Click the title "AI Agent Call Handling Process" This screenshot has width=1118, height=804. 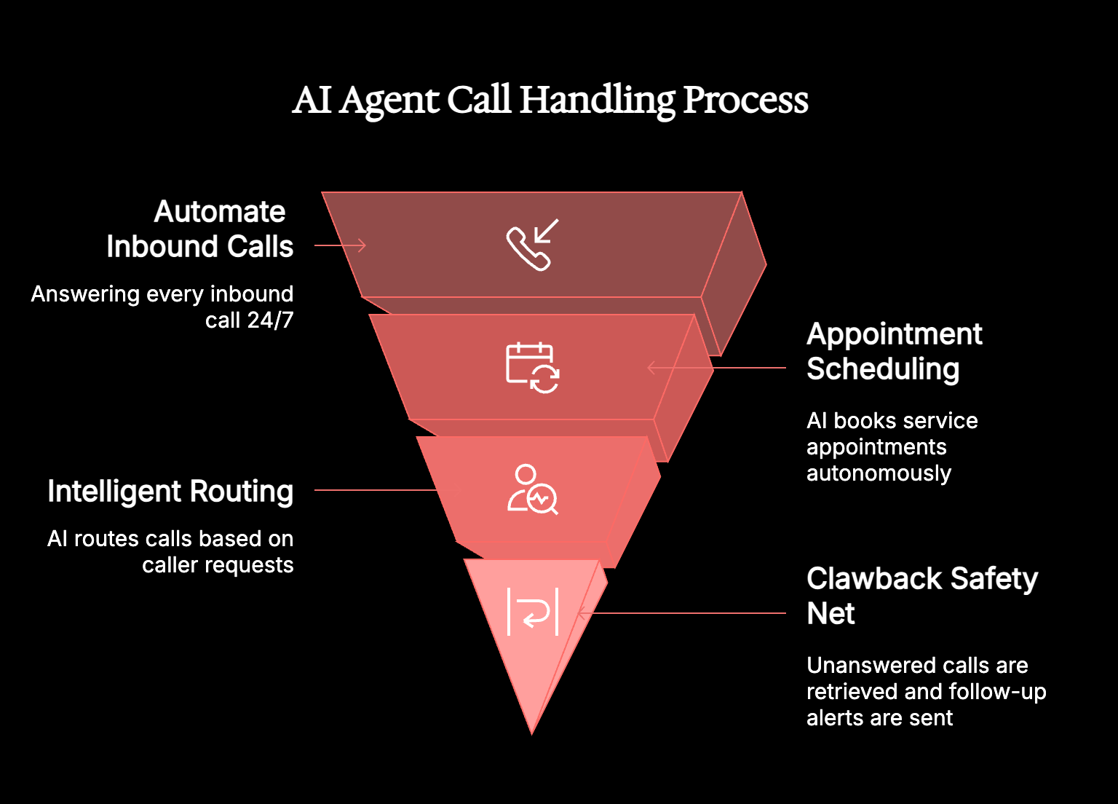pos(550,100)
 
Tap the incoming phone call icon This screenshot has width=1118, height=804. pos(532,245)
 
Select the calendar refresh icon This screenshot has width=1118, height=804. pos(532,368)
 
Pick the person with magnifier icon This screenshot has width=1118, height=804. pos(532,489)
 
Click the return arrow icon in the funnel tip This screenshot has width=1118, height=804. pos(533,612)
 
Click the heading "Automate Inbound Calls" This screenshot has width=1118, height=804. pos(199,229)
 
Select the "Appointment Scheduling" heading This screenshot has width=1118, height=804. pos(894,351)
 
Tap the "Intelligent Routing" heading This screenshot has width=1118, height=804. pos(170,491)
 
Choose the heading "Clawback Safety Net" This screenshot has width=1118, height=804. pos(921,596)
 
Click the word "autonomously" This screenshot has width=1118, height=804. pos(879,473)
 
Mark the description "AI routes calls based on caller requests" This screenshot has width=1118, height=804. pos(170,551)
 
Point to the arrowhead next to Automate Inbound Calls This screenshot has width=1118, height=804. pos(361,245)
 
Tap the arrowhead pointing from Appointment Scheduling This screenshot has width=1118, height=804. pos(651,368)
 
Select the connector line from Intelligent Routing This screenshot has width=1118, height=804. pos(375,490)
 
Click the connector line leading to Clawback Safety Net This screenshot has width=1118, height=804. pos(684,613)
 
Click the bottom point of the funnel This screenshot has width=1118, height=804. pos(532,731)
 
